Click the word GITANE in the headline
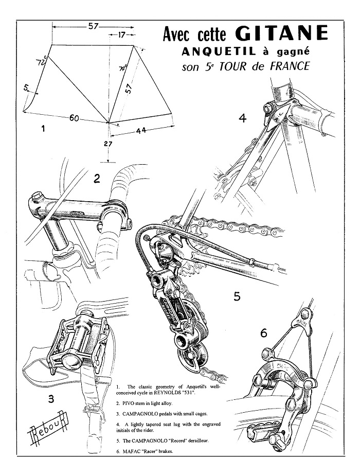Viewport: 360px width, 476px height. click(x=281, y=33)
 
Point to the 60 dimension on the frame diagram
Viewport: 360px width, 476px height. click(x=75, y=119)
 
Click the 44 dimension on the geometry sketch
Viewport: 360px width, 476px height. click(x=141, y=131)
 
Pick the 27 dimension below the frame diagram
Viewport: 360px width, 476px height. click(x=108, y=145)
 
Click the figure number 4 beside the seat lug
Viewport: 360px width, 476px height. click(x=243, y=119)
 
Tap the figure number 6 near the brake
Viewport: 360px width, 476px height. click(x=264, y=333)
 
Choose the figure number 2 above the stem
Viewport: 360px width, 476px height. click(x=96, y=179)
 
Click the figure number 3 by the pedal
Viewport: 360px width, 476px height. click(x=50, y=397)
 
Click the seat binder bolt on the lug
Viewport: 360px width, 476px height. click(x=267, y=109)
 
